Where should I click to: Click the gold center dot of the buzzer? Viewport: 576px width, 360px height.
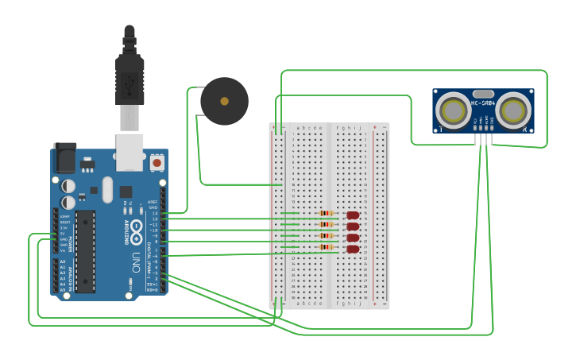pos(224,102)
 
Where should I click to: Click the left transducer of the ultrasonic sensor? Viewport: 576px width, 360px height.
pos(454,110)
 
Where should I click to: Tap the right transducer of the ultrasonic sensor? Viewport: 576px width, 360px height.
pos(512,110)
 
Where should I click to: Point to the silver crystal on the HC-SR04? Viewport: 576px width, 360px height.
pos(483,94)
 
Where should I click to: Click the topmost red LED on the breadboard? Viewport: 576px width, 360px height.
pos(354,215)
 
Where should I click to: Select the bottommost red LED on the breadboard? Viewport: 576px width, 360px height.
pos(354,249)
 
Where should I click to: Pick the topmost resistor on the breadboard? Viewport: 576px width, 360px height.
pos(326,213)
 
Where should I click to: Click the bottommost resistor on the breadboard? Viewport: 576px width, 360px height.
pos(326,247)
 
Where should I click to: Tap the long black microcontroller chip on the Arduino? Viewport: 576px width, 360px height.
pos(86,250)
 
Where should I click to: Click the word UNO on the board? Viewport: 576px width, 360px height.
pos(135,261)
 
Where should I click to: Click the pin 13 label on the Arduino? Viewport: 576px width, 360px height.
pos(154,213)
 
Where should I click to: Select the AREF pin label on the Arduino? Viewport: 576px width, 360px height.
pos(153,202)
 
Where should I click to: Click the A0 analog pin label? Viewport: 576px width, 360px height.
pos(63,261)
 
